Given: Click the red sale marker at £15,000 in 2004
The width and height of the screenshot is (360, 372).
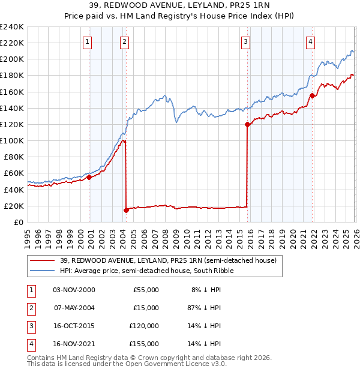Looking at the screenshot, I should click(126, 210).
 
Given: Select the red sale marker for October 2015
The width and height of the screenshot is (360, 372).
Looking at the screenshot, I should click(247, 125).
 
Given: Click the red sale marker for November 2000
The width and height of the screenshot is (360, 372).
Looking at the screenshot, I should click(89, 177).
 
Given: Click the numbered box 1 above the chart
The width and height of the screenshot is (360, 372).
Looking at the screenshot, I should click(88, 42).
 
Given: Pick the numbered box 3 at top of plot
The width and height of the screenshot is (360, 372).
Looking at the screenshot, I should click(246, 42).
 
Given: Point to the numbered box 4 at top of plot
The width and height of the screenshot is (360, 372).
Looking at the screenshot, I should click(310, 42).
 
